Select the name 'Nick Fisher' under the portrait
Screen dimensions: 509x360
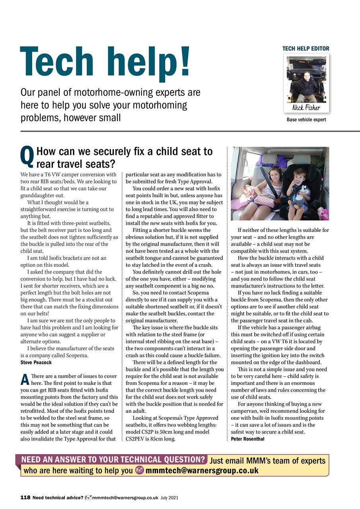click(306, 107)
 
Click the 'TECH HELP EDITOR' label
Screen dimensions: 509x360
click(306, 49)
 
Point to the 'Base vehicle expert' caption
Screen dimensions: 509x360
click(306, 120)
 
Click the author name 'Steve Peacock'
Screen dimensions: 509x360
click(36, 362)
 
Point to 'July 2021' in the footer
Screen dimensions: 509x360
click(170, 498)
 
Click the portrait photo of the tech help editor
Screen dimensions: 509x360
click(306, 80)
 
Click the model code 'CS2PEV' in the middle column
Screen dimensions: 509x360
click(136, 439)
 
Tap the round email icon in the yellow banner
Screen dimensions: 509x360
click(140, 471)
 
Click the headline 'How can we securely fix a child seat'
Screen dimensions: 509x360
click(124, 152)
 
